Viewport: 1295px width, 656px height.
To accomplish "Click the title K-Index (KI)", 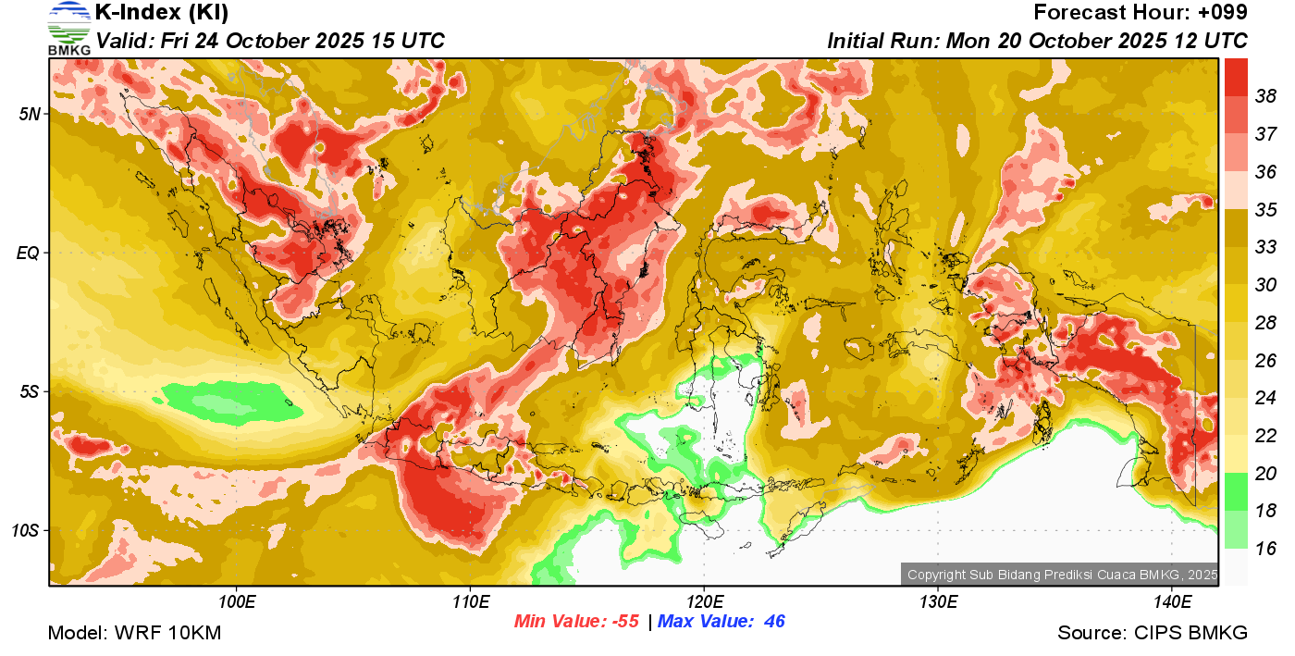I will coord(162,13).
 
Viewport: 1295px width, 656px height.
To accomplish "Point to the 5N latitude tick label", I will coord(30,114).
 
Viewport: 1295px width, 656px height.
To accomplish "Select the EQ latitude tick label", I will coord(29,253).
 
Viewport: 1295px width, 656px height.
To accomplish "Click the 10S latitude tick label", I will coord(26,531).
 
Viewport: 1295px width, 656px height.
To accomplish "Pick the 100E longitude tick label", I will coord(238,602).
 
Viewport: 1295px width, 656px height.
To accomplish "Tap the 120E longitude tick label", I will coord(704,602).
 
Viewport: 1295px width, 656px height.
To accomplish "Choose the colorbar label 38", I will coord(1265,95).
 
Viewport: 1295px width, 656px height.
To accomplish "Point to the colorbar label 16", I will coord(1265,549).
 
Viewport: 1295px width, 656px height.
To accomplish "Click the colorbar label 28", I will coord(1265,322).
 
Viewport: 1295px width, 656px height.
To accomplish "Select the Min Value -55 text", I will coord(576,622).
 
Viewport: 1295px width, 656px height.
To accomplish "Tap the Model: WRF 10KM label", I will coord(134,634).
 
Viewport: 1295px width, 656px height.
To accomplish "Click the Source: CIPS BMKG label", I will coord(1153,634).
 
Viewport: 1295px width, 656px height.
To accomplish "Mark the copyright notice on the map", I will coord(1062,575).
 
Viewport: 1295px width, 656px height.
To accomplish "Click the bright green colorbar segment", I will coord(1236,491).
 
